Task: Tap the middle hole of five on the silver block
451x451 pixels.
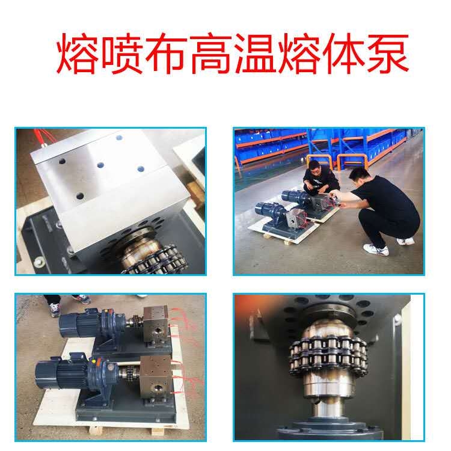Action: (100, 165)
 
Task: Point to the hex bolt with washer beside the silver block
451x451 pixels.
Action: (38, 262)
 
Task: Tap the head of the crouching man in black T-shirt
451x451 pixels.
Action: (358, 176)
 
